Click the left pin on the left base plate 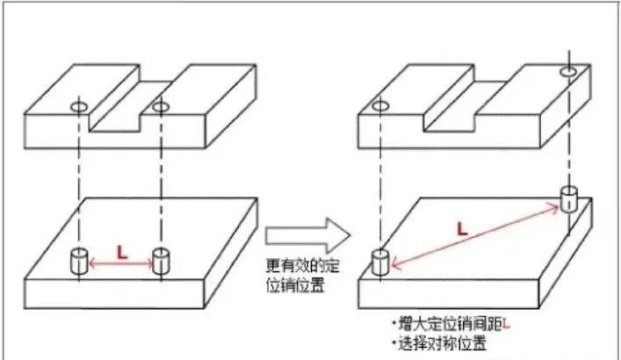point(78,261)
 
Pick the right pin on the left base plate point(161,261)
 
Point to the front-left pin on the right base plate point(379,262)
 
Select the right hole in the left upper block point(161,106)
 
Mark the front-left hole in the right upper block point(379,106)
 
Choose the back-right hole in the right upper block point(568,70)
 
